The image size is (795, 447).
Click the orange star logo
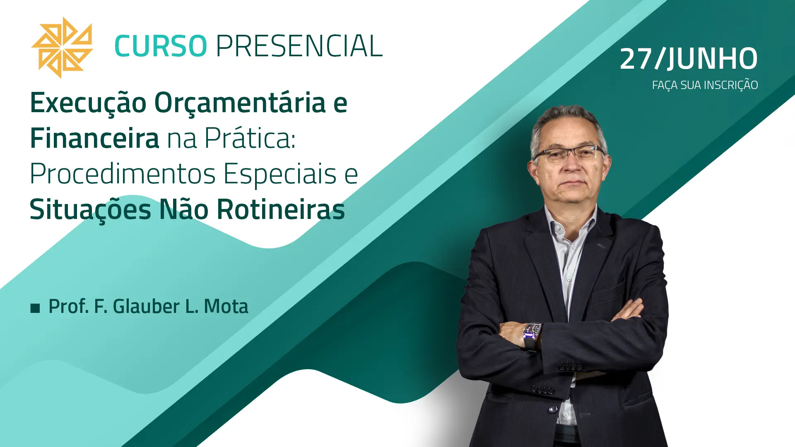click(62, 48)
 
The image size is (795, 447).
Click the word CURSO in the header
click(161, 46)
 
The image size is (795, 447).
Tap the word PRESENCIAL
click(299, 46)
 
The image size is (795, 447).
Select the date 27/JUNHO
click(689, 58)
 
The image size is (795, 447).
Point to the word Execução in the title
click(88, 103)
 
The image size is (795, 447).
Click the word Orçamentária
click(240, 103)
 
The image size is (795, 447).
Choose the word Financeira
click(94, 138)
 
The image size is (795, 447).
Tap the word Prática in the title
click(250, 138)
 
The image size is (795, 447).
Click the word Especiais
click(280, 173)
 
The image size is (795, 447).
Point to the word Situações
click(90, 210)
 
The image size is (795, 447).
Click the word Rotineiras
click(281, 209)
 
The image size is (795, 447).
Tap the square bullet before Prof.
click(35, 308)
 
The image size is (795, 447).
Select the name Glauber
click(146, 306)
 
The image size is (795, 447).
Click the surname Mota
click(226, 306)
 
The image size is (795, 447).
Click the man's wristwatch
click(532, 335)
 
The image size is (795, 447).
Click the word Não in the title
click(184, 209)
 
